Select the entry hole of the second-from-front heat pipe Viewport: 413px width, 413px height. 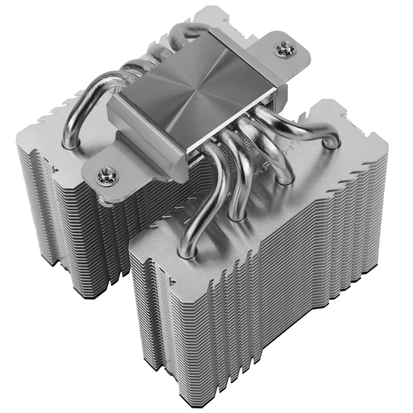235,216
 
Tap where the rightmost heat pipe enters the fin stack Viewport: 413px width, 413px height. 331,143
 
